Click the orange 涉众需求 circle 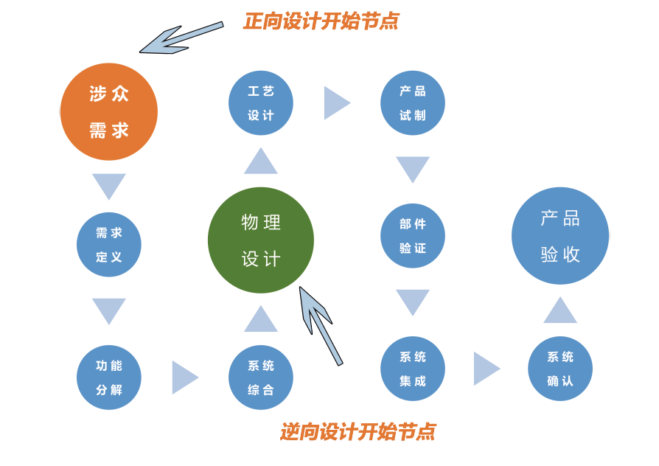point(109,111)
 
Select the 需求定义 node point(109,244)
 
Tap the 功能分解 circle point(109,377)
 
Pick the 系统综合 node point(261,377)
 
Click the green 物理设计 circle point(261,240)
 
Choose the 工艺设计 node point(261,102)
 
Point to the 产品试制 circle point(413,102)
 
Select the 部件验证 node point(413,235)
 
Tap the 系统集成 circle point(413,368)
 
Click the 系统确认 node point(560,368)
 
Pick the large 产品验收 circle point(560,236)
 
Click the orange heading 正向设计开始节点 point(321,21)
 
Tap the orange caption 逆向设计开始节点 point(358,431)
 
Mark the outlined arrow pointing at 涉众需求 point(180,38)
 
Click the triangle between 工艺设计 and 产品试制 point(335,103)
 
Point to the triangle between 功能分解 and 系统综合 point(184,378)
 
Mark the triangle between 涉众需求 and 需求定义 point(109,185)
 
